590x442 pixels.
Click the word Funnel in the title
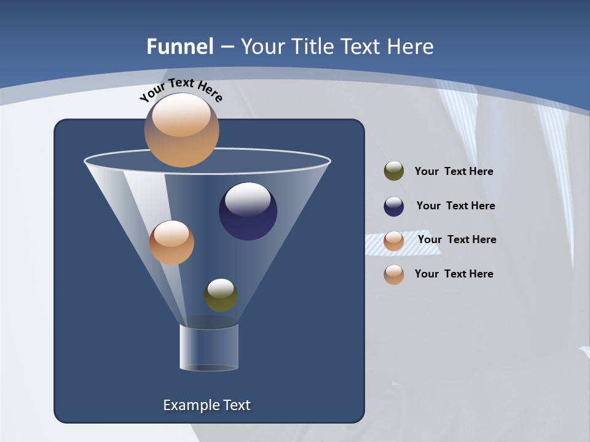pos(180,47)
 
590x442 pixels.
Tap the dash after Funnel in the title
pos(227,47)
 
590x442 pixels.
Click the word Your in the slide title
pos(262,47)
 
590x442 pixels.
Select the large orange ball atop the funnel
pos(181,138)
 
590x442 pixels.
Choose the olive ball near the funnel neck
pos(221,298)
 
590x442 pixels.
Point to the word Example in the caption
pos(189,405)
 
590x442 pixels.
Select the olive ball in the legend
pos(394,171)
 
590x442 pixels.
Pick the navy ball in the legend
pos(394,206)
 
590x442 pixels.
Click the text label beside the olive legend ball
pos(454,171)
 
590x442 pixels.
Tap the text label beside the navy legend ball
pos(455,206)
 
